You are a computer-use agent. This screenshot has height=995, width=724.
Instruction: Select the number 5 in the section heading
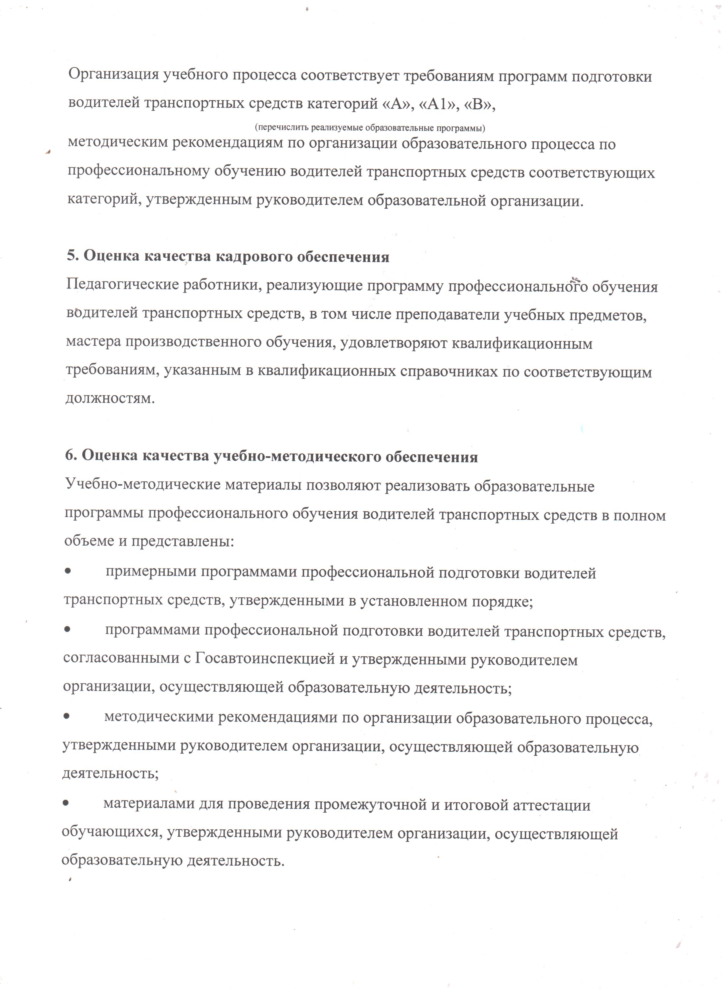tap(72, 256)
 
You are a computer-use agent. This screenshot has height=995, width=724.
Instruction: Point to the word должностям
tap(110, 399)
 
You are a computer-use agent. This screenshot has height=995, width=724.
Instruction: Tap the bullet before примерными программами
tap(68, 572)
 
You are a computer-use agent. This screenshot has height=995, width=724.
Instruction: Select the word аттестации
tap(551, 805)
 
